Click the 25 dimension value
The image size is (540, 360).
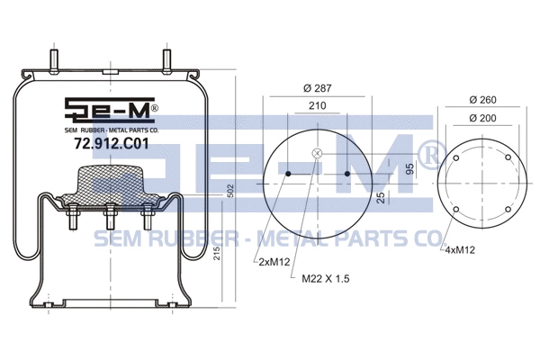click(382, 196)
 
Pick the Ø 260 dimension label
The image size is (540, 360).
click(484, 99)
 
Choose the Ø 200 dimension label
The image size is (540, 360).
click(484, 119)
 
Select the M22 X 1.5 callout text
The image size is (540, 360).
click(326, 279)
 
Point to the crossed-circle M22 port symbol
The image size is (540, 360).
click(316, 154)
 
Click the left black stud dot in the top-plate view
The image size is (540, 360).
click(287, 173)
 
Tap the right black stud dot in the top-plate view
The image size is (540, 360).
click(346, 173)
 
